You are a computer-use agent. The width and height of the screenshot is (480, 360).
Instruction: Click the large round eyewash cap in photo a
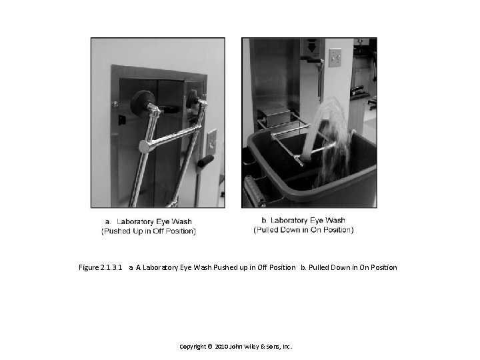pos(142,102)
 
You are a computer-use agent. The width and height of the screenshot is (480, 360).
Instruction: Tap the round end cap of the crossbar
pos(145,147)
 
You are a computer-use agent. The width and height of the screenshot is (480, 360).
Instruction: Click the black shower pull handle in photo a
pos(205,161)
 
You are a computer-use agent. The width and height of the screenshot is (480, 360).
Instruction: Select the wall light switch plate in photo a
pos(212,142)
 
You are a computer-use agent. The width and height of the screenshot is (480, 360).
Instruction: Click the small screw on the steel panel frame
pos(115,104)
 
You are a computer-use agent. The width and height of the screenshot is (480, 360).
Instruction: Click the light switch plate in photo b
pos(335,57)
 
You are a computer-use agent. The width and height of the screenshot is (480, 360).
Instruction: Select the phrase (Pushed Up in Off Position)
pos(149,231)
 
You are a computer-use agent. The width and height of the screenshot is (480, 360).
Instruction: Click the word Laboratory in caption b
pos(289,221)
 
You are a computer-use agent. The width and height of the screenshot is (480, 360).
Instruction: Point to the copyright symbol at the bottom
pos(210,347)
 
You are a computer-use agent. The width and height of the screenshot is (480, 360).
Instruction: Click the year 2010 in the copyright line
pos(221,347)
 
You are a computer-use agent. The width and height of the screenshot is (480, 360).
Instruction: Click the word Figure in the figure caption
pos(89,268)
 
